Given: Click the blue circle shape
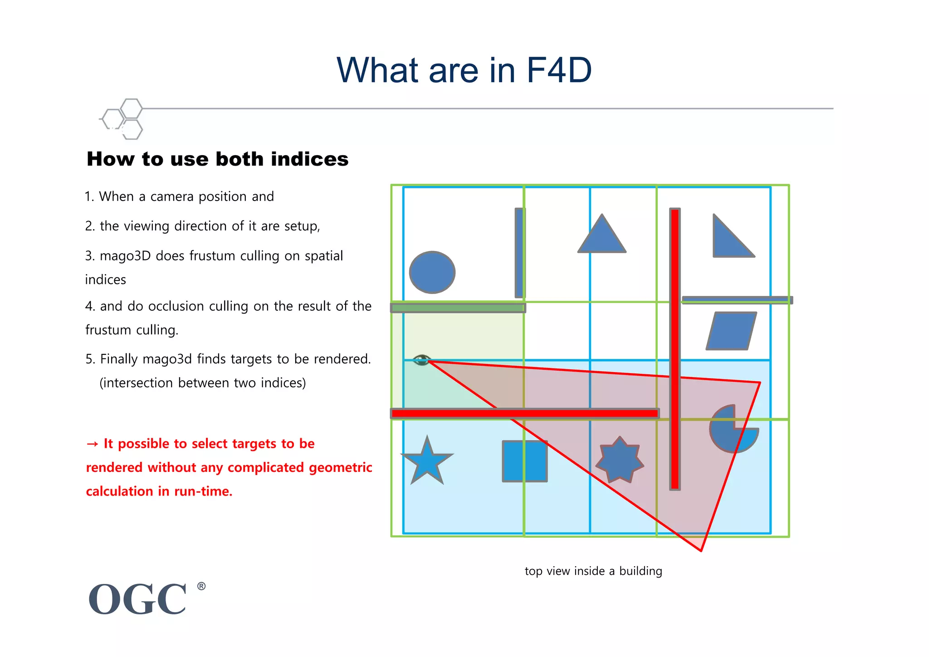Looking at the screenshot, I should (432, 272).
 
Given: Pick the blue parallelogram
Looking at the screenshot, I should (731, 331).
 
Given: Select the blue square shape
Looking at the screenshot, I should (524, 461).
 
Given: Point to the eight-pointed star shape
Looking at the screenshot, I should (620, 460).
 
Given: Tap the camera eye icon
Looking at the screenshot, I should (422, 360).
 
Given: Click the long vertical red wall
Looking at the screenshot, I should (675, 349).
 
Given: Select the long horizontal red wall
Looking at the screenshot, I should (524, 413).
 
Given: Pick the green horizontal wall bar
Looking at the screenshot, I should (458, 308).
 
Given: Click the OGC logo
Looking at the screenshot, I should (137, 599).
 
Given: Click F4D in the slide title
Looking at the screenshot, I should (559, 70).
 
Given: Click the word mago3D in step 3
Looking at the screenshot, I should (125, 256).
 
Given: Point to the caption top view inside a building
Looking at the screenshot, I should (593, 571).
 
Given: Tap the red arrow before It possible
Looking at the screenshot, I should (92, 444).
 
